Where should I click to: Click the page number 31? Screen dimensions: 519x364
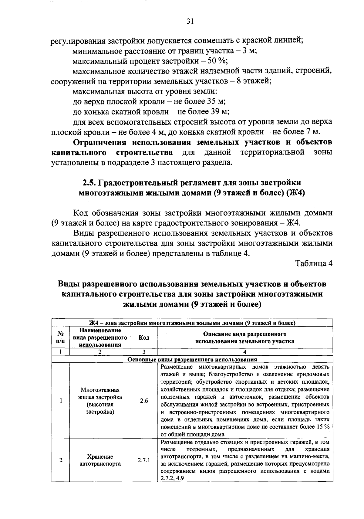(190, 21)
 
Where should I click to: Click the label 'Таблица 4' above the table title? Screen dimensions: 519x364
(314, 263)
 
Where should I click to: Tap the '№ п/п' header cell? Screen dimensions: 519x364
(61, 338)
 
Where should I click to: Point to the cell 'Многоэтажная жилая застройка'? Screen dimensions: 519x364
(100, 393)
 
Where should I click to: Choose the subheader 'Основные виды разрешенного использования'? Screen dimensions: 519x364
(192, 360)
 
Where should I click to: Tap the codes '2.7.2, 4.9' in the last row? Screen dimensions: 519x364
(172, 478)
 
